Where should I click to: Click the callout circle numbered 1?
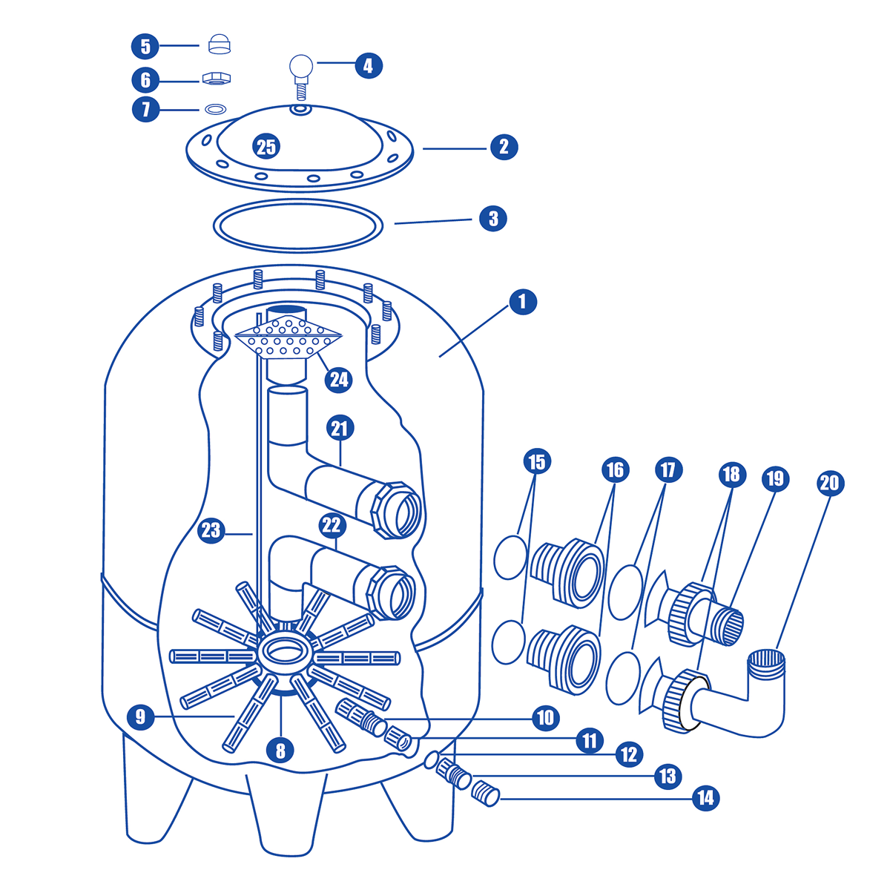point(523,302)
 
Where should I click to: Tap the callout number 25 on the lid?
point(266,147)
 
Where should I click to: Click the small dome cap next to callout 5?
point(217,44)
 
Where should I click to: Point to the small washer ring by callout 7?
point(216,110)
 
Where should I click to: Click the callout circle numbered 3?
point(493,218)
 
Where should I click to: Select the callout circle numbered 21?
point(340,428)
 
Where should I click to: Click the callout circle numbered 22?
point(332,525)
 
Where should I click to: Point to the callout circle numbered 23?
point(211,530)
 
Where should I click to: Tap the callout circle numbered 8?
point(280,750)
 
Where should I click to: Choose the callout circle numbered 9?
point(141,716)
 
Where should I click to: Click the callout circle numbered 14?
point(705,798)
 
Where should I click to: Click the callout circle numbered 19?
point(775,478)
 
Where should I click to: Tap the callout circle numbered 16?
point(615,469)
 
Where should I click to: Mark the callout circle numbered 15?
point(536,461)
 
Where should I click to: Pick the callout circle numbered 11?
point(589,740)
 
